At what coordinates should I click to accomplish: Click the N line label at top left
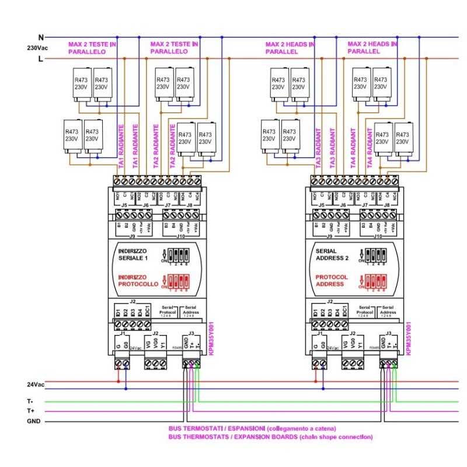pyautogui.click(x=41, y=37)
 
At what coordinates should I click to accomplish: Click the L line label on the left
pyautogui.click(x=41, y=59)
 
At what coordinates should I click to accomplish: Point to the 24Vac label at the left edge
pyautogui.click(x=35, y=385)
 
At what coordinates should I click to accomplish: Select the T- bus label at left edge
pyautogui.click(x=31, y=402)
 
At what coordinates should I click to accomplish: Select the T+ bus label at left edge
pyautogui.click(x=31, y=411)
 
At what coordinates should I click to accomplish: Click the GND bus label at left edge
pyautogui.click(x=34, y=420)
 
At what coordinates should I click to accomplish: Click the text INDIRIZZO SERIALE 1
pyautogui.click(x=134, y=255)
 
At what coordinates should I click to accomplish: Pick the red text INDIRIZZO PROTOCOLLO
pyautogui.click(x=138, y=280)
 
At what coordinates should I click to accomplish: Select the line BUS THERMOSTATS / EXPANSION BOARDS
pyautogui.click(x=270, y=437)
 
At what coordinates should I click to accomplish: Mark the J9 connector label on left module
pyautogui.click(x=131, y=237)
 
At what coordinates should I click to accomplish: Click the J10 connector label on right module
pyautogui.click(x=377, y=237)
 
